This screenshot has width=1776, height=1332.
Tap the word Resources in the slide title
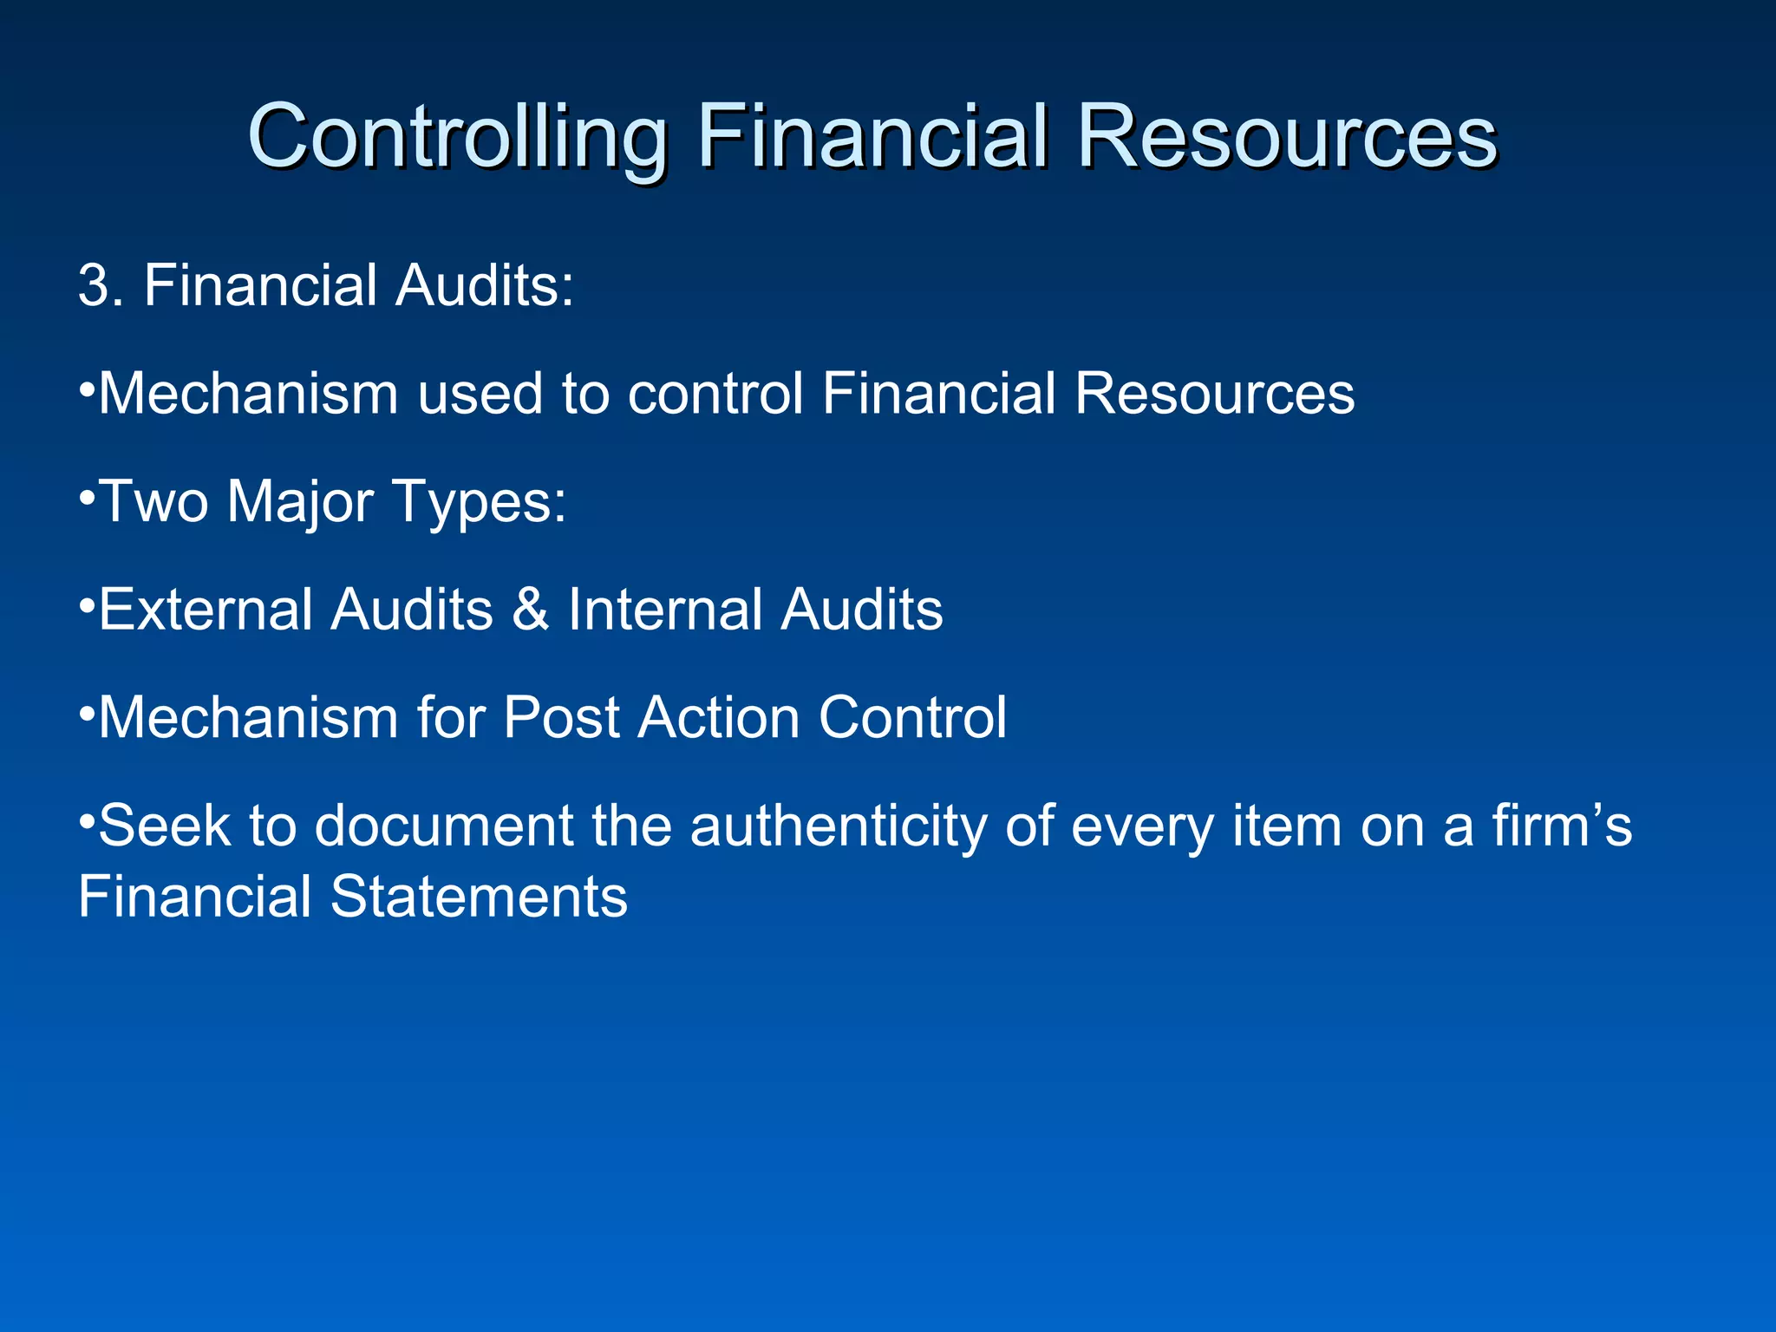click(x=1287, y=137)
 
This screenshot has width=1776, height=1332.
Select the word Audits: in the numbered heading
click(x=485, y=285)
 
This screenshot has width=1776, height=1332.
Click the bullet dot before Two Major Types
click(x=86, y=497)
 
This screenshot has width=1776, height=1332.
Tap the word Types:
click(x=480, y=504)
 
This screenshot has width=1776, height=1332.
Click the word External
click(x=206, y=610)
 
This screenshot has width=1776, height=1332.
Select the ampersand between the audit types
click(x=530, y=610)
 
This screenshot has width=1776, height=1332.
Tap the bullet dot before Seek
click(x=86, y=820)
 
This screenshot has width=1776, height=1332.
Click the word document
click(x=443, y=826)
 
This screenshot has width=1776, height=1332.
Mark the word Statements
click(x=479, y=898)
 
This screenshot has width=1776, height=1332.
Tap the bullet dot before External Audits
click(x=86, y=604)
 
